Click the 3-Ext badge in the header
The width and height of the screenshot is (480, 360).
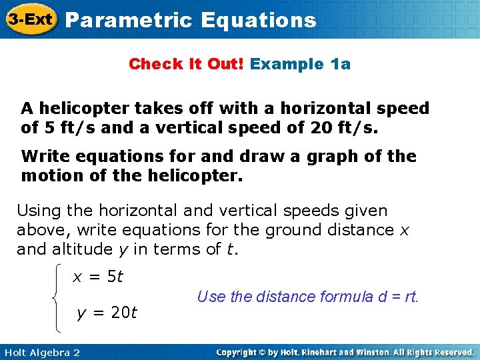(x=31, y=19)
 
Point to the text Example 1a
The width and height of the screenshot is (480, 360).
(x=301, y=64)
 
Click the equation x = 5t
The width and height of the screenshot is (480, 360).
(x=97, y=277)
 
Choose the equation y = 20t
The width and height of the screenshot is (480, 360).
(x=107, y=312)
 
